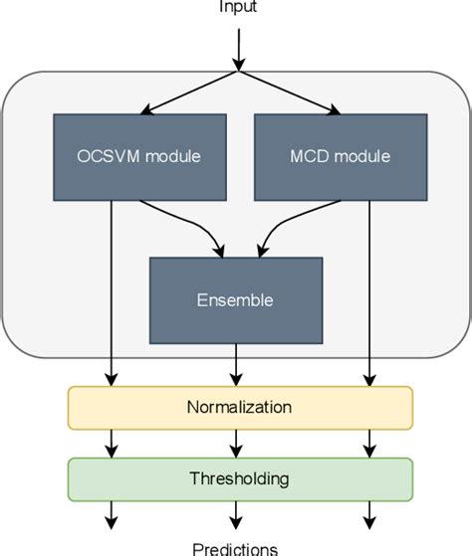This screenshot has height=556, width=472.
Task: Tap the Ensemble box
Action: [x=235, y=298]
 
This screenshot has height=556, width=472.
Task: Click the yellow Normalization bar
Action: [x=239, y=407]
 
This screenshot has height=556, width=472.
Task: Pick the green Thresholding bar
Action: [x=239, y=478]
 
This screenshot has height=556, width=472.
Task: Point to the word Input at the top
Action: [x=239, y=8]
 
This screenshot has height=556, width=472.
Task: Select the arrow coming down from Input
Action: [x=239, y=48]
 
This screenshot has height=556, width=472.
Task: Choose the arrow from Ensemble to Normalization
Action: [x=236, y=363]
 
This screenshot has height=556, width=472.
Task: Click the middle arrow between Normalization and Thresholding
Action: [x=236, y=442]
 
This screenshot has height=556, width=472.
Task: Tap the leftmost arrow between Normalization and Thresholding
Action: [x=111, y=442]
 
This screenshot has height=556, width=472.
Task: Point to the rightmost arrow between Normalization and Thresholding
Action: [x=370, y=442]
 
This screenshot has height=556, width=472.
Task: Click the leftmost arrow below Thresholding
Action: [x=111, y=514]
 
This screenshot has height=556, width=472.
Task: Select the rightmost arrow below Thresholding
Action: [x=370, y=514]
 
